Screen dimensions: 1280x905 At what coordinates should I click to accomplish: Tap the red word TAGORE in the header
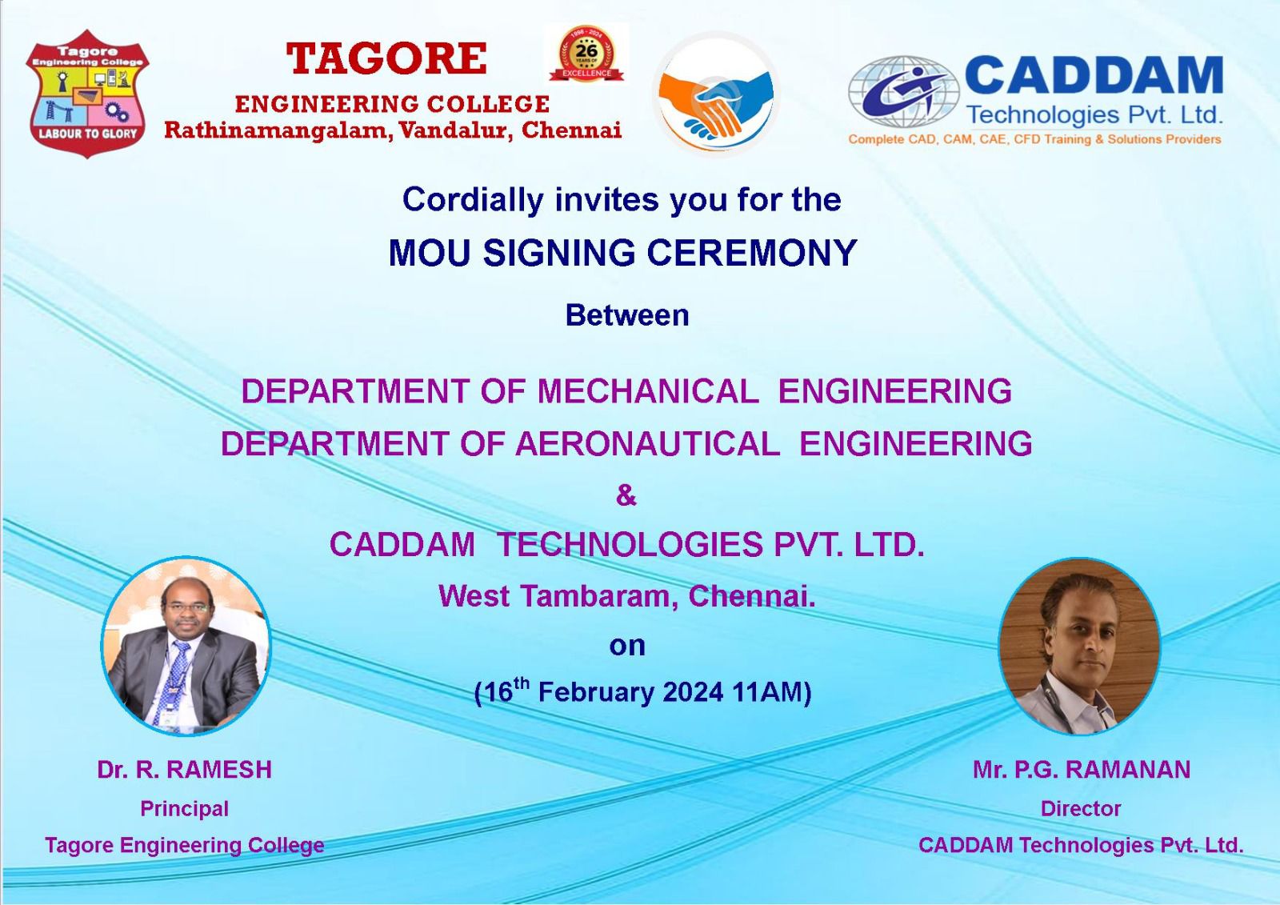pos(387,59)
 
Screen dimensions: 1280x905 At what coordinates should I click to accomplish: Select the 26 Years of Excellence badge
pos(586,53)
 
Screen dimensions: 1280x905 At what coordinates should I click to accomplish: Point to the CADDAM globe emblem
pos(903,91)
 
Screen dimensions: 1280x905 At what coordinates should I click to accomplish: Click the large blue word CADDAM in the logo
pos(1094,75)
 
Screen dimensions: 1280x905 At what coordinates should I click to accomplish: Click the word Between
pos(627,315)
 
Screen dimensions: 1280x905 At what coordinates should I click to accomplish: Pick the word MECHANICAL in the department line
pos(648,391)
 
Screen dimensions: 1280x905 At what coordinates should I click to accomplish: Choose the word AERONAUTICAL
pos(647,444)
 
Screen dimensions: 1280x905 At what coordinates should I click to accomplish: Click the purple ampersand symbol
pos(626,495)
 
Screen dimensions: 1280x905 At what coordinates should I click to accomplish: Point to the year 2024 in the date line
pos(694,692)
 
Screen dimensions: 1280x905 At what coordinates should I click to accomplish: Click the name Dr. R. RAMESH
pos(185,770)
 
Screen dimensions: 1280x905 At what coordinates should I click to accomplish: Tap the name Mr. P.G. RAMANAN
pos(1082,770)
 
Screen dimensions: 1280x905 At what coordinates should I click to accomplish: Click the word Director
pos(1081,809)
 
